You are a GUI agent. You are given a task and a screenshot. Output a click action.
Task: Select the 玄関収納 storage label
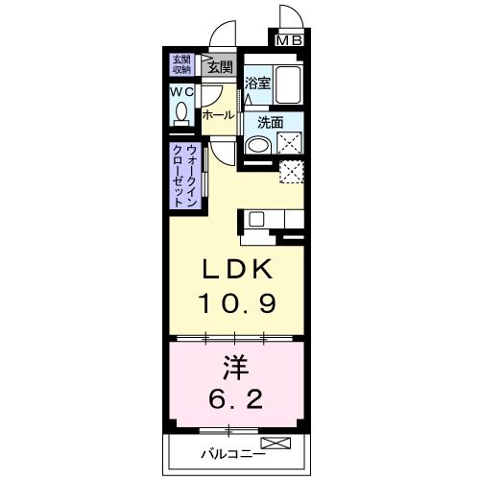pyautogui.click(x=181, y=64)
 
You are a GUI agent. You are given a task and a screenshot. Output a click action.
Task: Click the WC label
pyautogui.click(x=181, y=92)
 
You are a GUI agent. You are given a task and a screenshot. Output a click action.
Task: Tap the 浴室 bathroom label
pyautogui.click(x=256, y=84)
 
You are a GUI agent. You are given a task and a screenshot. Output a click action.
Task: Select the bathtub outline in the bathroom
pyautogui.click(x=288, y=84)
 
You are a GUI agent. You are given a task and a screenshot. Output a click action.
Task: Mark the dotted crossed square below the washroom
pyautogui.click(x=291, y=173)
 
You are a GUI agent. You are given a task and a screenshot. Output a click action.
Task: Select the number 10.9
pyautogui.click(x=238, y=304)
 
